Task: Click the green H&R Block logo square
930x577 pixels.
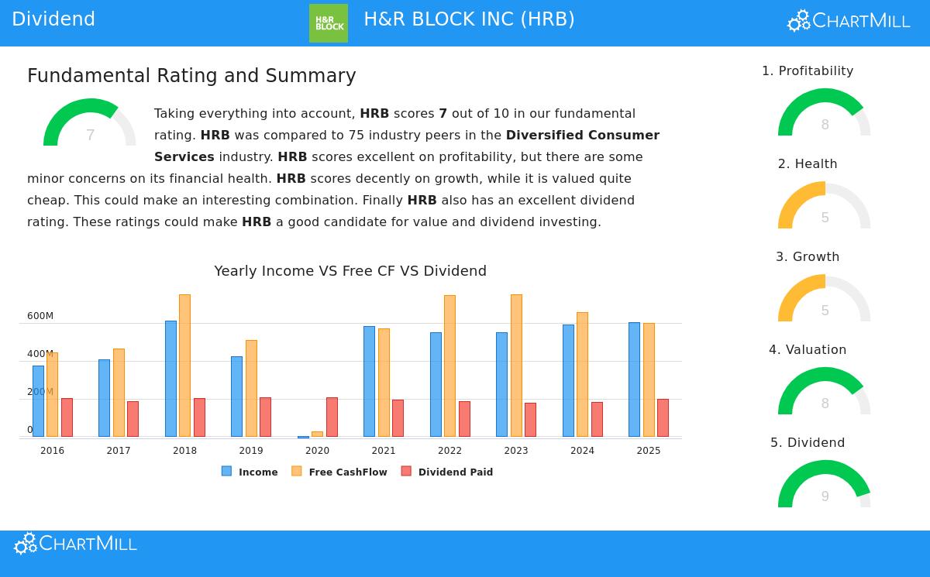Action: click(x=329, y=23)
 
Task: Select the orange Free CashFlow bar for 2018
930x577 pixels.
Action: click(x=184, y=366)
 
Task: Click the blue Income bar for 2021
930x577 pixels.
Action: click(x=369, y=381)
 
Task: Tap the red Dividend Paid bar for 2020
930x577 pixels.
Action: click(x=332, y=417)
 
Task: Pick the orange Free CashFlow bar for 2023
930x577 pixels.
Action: click(x=516, y=366)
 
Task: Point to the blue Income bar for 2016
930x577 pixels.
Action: click(x=38, y=401)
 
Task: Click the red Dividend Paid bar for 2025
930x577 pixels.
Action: click(x=663, y=417)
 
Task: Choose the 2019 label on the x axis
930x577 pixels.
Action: click(x=251, y=451)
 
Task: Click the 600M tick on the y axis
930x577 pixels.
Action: click(x=40, y=316)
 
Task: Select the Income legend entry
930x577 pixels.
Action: click(x=250, y=472)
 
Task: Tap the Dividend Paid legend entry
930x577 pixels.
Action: click(x=447, y=472)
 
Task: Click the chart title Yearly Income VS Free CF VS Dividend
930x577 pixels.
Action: click(x=350, y=271)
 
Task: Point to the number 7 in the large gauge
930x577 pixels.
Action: click(x=90, y=136)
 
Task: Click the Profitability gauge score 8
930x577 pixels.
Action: click(x=825, y=125)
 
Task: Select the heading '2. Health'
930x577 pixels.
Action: click(x=808, y=164)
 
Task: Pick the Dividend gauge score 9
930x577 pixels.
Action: click(x=825, y=496)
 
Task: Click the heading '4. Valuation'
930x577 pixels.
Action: click(x=808, y=350)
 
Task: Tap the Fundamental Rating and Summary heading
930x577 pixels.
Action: click(x=191, y=76)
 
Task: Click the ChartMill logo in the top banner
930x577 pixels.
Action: click(x=849, y=21)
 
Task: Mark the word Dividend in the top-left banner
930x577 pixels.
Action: click(x=53, y=19)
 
